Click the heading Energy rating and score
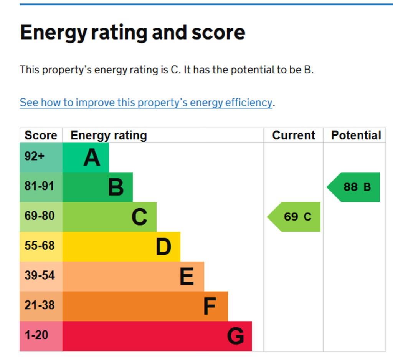pos(132,32)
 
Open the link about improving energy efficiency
pos(146,103)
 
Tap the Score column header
pos(41,135)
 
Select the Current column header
pos(294,135)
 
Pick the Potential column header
pos(356,135)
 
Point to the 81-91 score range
pos(40,186)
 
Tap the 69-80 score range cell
pos(40,216)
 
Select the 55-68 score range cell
pos(40,246)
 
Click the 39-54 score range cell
pos(40,275)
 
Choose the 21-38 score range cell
pos(40,305)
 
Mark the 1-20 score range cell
pos(36,335)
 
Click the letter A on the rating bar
pos(92,158)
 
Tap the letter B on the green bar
pos(116,187)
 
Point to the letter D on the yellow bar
pos(163,247)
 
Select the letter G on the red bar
pos(235,336)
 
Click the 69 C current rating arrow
pos(295,217)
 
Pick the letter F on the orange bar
pos(210,306)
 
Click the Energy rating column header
pos(109,135)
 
